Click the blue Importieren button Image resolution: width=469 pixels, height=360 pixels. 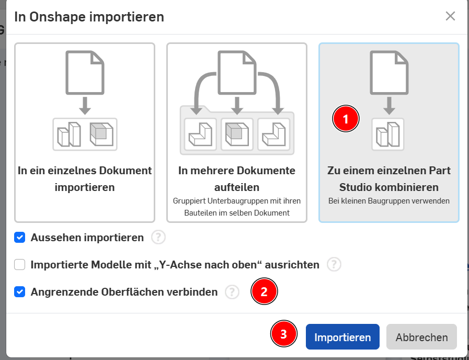point(342,336)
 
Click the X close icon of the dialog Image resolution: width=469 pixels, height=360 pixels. point(450,16)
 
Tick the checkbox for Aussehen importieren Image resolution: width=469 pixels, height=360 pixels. point(20,238)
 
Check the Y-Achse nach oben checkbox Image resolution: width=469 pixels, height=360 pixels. point(20,265)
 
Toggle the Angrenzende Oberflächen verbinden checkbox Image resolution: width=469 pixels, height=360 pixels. point(20,292)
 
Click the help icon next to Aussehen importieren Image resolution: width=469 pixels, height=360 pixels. point(158,238)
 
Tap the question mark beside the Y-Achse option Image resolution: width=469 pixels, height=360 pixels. point(334,265)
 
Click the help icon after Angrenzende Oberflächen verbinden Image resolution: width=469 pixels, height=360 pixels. point(232,292)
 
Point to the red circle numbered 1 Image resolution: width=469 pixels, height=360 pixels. point(346,119)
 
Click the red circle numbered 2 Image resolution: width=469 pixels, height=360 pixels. point(264,291)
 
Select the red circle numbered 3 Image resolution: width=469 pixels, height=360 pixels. point(283,334)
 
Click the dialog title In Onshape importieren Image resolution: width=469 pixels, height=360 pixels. point(89,17)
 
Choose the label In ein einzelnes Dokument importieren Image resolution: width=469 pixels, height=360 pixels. point(85,178)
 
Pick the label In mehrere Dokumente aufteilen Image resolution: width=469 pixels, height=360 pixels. point(237,178)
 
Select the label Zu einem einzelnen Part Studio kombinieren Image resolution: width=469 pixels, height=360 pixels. point(389,178)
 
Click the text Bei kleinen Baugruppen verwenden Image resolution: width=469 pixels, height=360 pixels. point(389,201)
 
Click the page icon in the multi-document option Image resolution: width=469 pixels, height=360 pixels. point(237,72)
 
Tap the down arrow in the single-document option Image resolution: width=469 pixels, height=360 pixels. point(85,106)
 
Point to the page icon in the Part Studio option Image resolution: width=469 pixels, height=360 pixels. point(389,72)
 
